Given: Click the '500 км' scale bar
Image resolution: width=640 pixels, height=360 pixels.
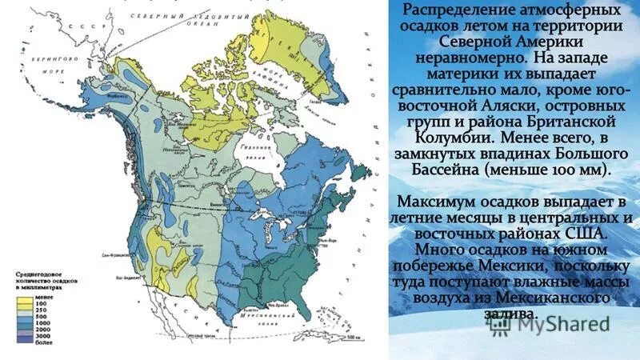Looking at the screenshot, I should coord(351,338).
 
